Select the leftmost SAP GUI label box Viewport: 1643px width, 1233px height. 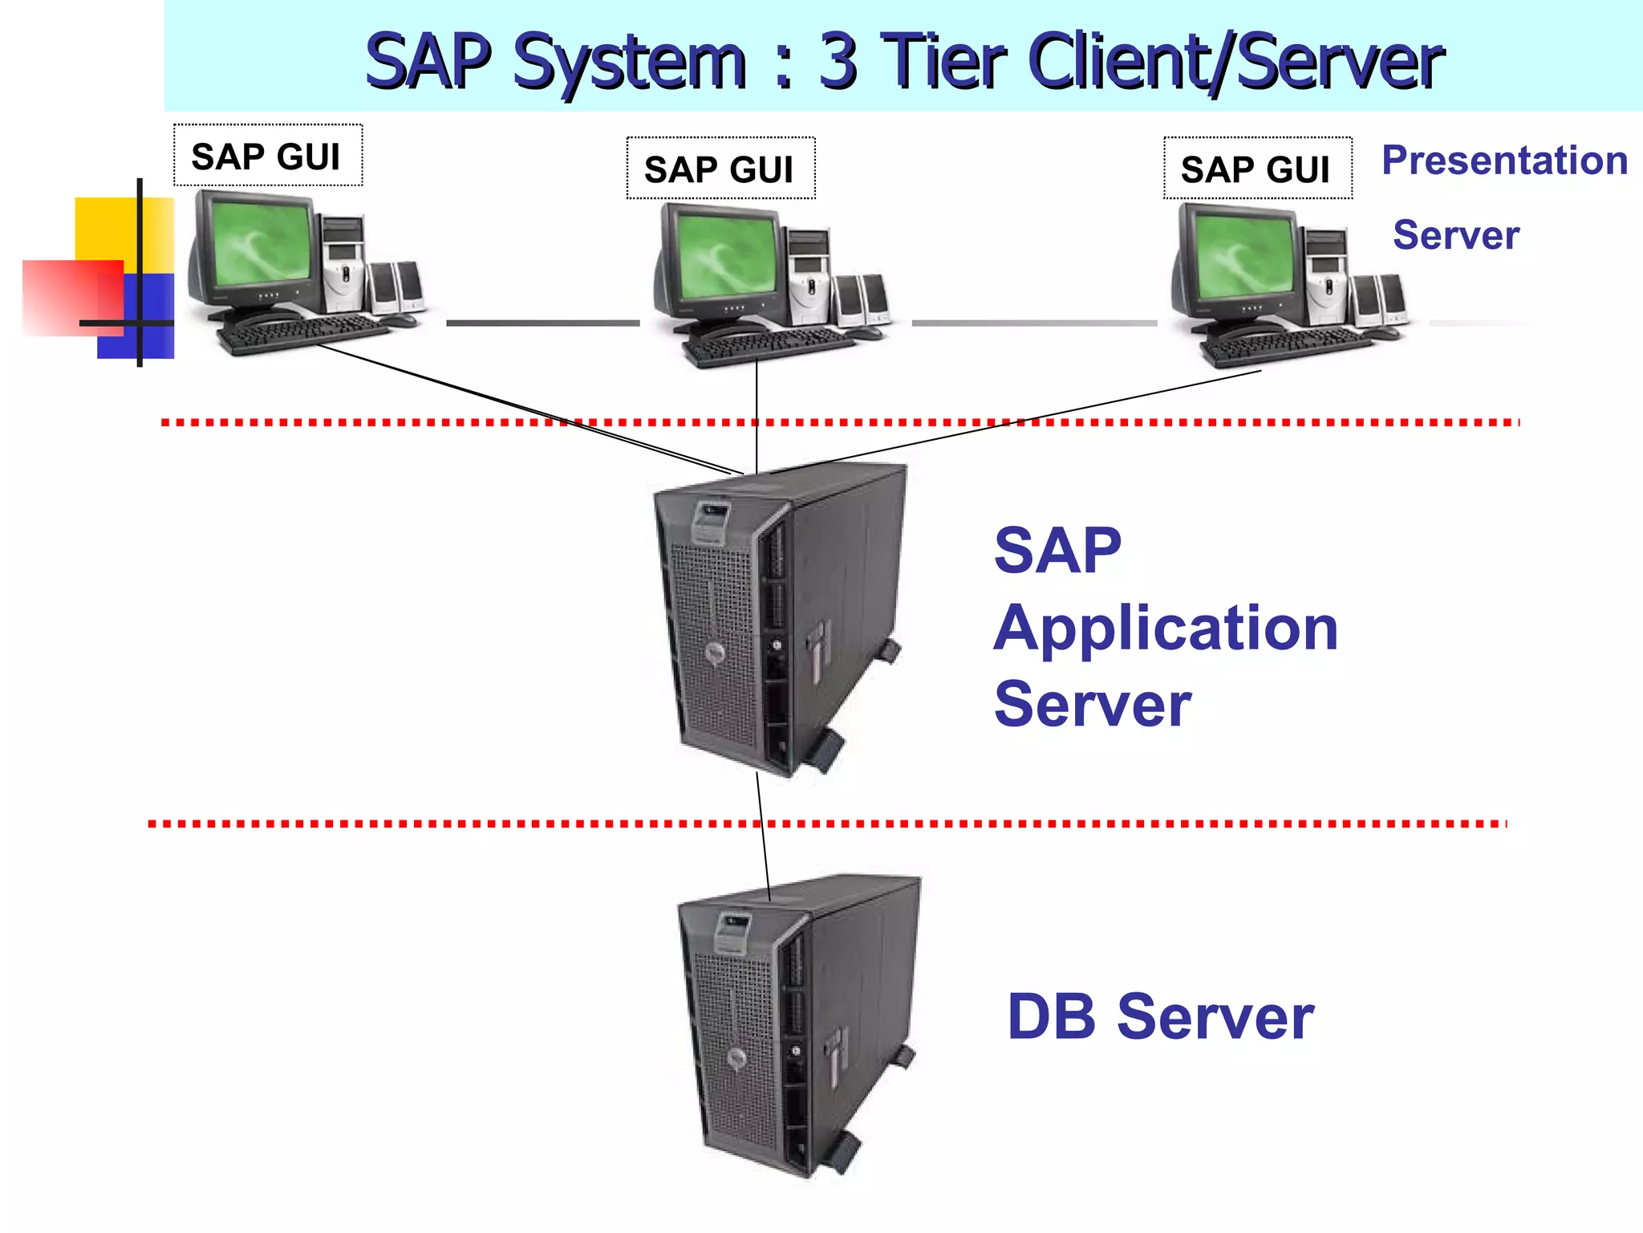(267, 156)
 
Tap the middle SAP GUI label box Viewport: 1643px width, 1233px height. (720, 169)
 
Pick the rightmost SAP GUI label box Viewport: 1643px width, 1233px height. (1256, 169)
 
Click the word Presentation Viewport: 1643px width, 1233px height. (1504, 161)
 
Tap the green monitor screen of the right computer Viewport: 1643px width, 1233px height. (1243, 254)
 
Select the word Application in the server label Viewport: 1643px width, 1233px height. (1165, 629)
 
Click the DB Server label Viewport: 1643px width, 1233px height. (1159, 1017)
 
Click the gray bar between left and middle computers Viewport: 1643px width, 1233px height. (542, 323)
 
